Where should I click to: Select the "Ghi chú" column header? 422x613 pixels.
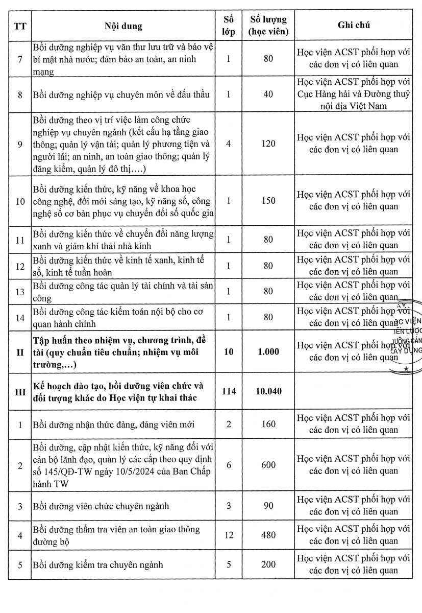click(x=354, y=25)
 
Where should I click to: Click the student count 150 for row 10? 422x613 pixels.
click(x=268, y=201)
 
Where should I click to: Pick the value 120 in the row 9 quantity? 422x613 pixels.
click(x=268, y=144)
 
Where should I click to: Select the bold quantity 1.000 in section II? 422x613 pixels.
click(x=268, y=351)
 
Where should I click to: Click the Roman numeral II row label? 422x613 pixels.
click(x=20, y=351)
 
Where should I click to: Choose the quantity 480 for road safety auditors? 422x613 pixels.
click(x=268, y=535)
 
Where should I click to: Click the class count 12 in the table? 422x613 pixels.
click(x=228, y=535)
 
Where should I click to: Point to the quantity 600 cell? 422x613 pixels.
click(x=268, y=465)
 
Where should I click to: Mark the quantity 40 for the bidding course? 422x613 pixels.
click(x=268, y=94)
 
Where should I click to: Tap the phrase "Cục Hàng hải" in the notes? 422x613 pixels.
click(x=321, y=94)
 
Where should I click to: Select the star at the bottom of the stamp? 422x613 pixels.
click(x=406, y=368)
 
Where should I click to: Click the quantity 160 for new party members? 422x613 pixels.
click(x=268, y=424)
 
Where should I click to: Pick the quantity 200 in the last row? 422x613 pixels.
click(x=268, y=564)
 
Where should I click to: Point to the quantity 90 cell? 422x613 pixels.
click(x=268, y=506)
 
